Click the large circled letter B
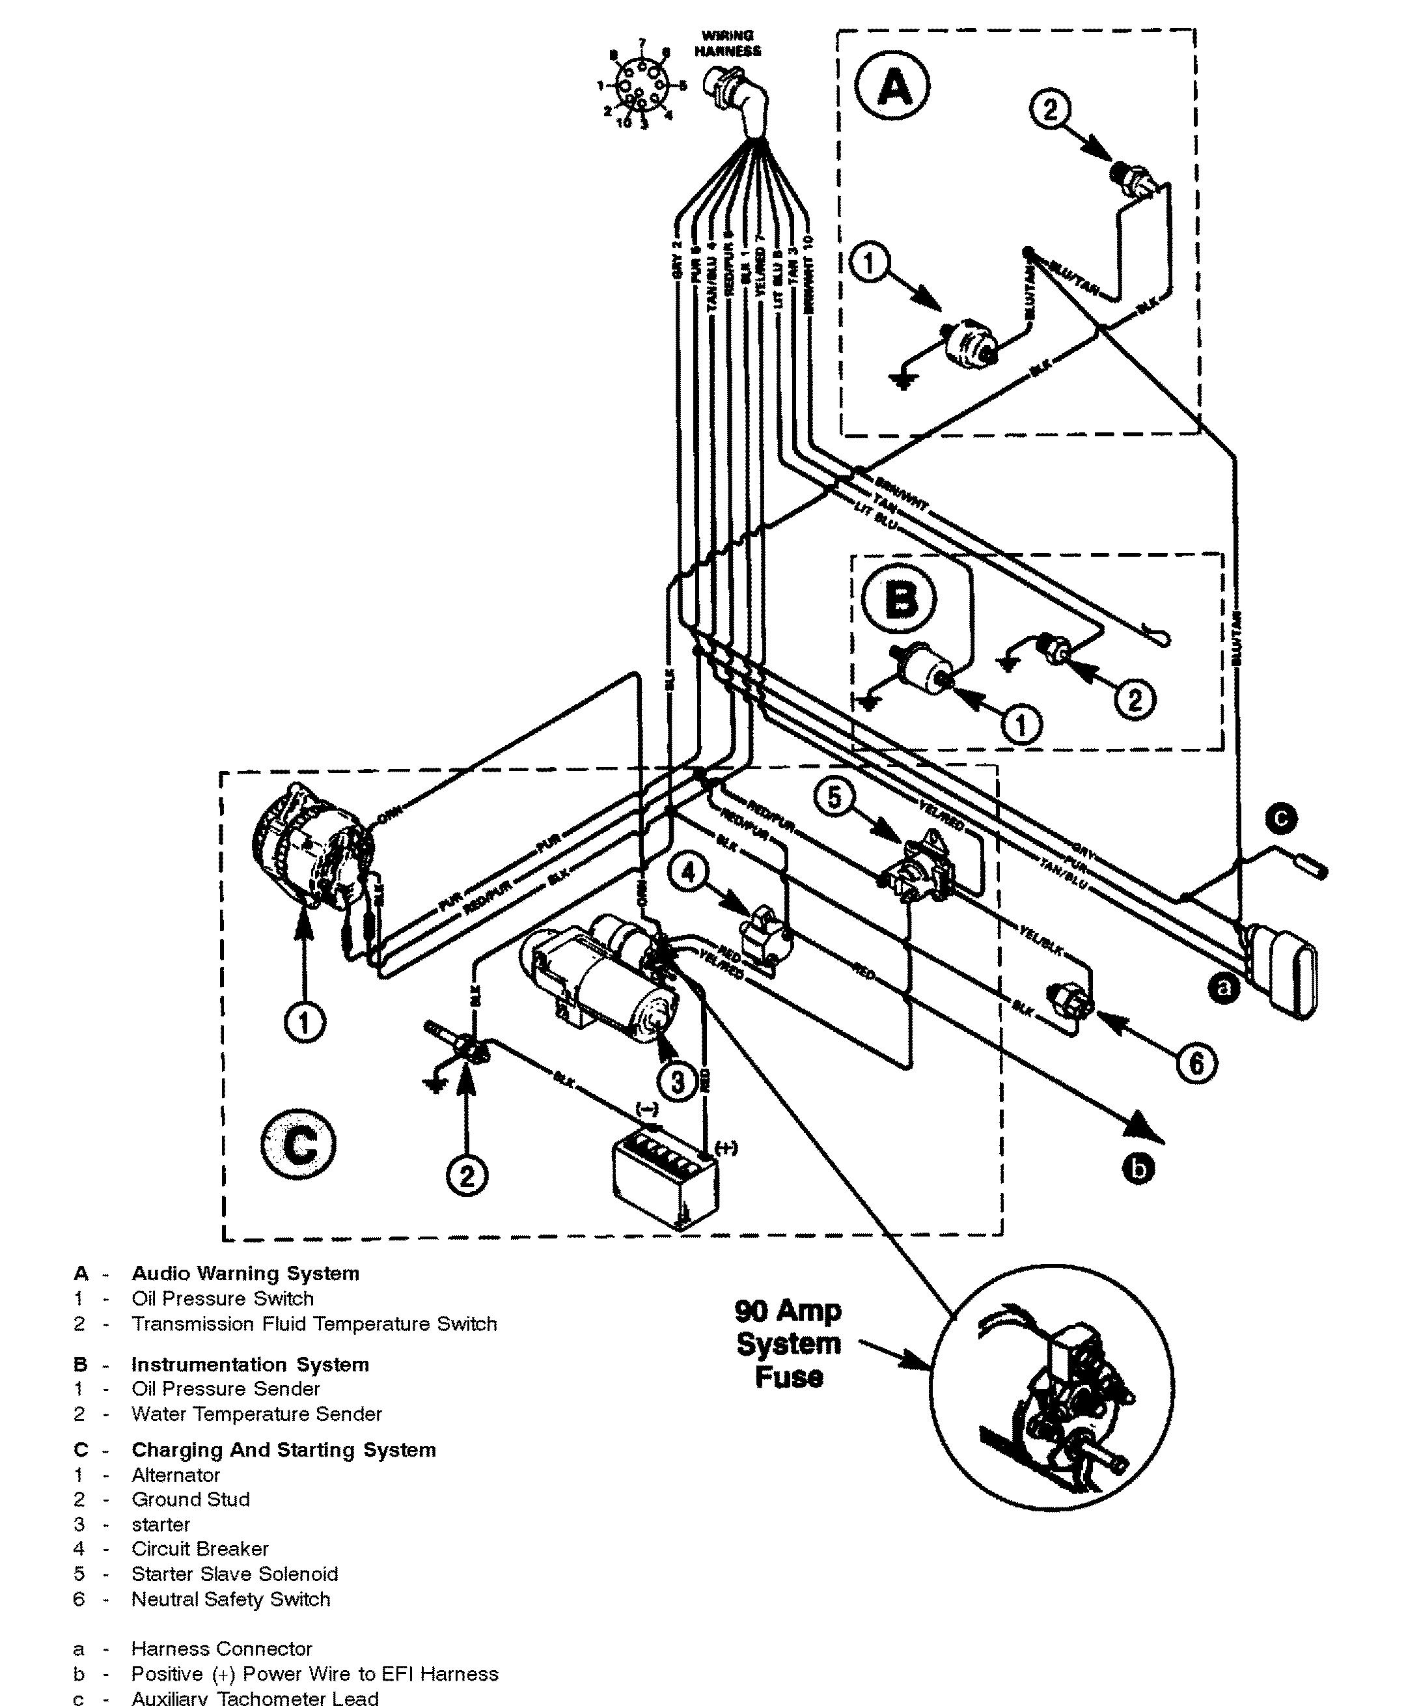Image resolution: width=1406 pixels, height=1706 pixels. click(899, 600)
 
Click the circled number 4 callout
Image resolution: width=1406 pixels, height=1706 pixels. click(689, 873)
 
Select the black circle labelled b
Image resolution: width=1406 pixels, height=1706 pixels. click(1138, 1169)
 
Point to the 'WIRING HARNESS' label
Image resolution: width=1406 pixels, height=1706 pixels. click(728, 43)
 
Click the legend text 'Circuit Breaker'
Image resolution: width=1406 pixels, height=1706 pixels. click(199, 1549)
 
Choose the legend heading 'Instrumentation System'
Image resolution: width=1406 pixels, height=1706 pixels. click(250, 1364)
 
